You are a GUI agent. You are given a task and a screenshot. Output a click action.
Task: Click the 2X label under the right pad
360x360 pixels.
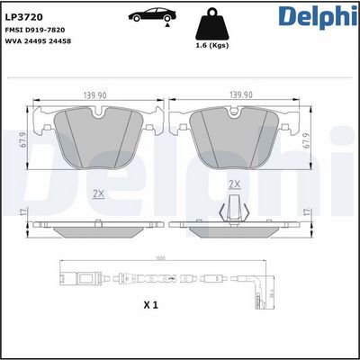pyautogui.click(x=236, y=184)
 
